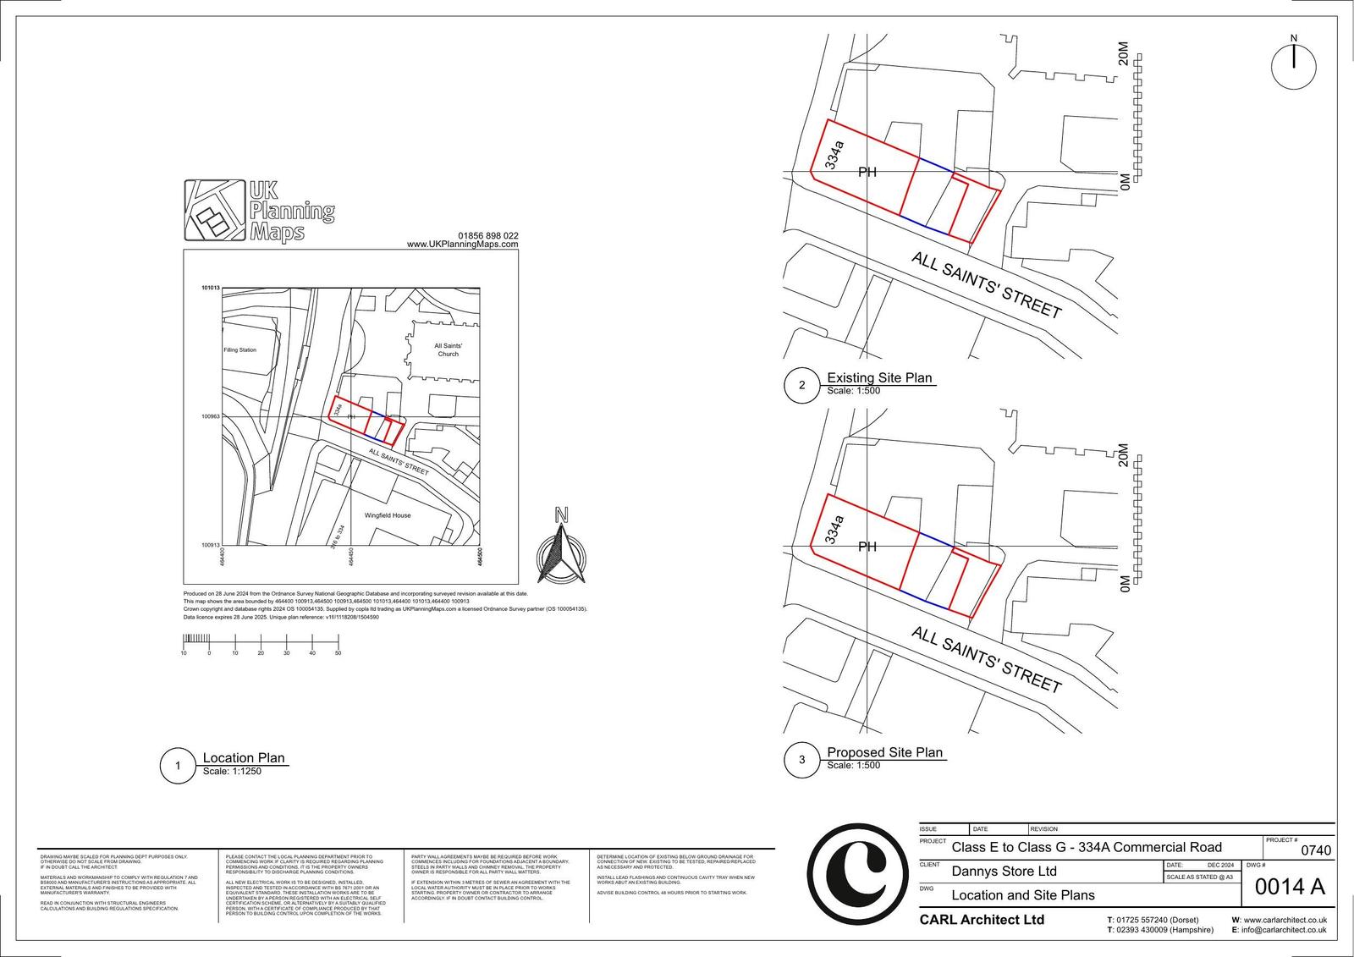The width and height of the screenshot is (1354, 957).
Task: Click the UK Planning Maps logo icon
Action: click(x=215, y=210)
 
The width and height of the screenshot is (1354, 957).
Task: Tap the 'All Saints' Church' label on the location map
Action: click(x=448, y=349)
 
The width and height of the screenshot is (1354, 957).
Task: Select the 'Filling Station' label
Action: click(x=240, y=349)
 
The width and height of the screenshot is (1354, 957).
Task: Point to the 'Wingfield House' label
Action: click(x=388, y=515)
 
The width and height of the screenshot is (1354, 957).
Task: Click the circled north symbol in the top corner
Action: click(x=1294, y=65)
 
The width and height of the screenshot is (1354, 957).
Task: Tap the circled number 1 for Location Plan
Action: click(x=178, y=767)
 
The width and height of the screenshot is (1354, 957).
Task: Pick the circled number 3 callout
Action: click(x=801, y=760)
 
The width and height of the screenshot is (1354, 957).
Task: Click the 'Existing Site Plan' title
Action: click(x=879, y=377)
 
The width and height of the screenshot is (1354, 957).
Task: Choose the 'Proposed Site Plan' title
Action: click(x=884, y=752)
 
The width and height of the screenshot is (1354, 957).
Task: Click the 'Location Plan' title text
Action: click(x=244, y=758)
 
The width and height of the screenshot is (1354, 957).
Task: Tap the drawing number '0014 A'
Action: click(x=1289, y=886)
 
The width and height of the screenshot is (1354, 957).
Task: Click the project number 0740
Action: click(x=1315, y=850)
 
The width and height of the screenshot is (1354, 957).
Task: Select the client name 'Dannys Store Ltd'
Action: click(x=1004, y=871)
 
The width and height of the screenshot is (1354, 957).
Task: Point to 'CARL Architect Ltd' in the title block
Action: click(x=982, y=920)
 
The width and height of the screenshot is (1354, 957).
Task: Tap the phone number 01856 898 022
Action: click(x=488, y=236)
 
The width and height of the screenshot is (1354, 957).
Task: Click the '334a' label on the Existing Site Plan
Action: click(x=834, y=156)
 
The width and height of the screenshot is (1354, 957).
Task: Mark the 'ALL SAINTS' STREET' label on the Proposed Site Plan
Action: click(x=986, y=660)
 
